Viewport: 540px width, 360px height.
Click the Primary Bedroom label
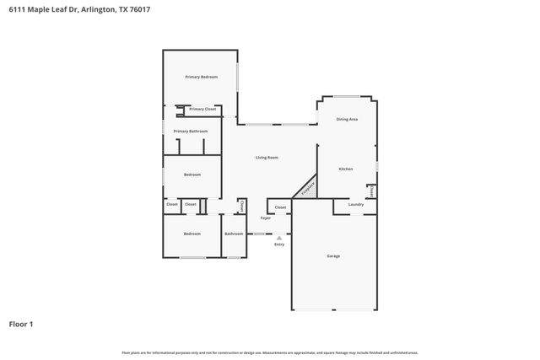tap(202, 77)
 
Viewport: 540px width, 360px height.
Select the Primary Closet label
tap(202, 109)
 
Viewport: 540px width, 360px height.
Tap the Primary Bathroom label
tap(191, 132)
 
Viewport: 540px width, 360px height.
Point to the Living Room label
tap(267, 158)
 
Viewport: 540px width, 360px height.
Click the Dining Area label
tap(347, 120)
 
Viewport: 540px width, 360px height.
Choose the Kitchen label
tap(346, 169)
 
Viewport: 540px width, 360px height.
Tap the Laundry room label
tap(355, 204)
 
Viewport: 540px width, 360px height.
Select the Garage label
tap(333, 255)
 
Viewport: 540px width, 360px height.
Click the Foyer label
tap(265, 218)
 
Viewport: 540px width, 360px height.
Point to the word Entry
tap(278, 244)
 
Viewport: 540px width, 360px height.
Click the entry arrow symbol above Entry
tap(278, 238)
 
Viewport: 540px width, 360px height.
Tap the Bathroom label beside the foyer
tap(234, 234)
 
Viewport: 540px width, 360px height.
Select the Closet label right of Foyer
tap(280, 207)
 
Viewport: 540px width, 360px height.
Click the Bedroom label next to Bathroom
tap(192, 234)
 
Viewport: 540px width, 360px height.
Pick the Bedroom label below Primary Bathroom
tap(192, 175)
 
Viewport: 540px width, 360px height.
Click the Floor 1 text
tap(21, 324)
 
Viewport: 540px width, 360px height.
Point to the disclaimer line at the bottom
tap(269, 352)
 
